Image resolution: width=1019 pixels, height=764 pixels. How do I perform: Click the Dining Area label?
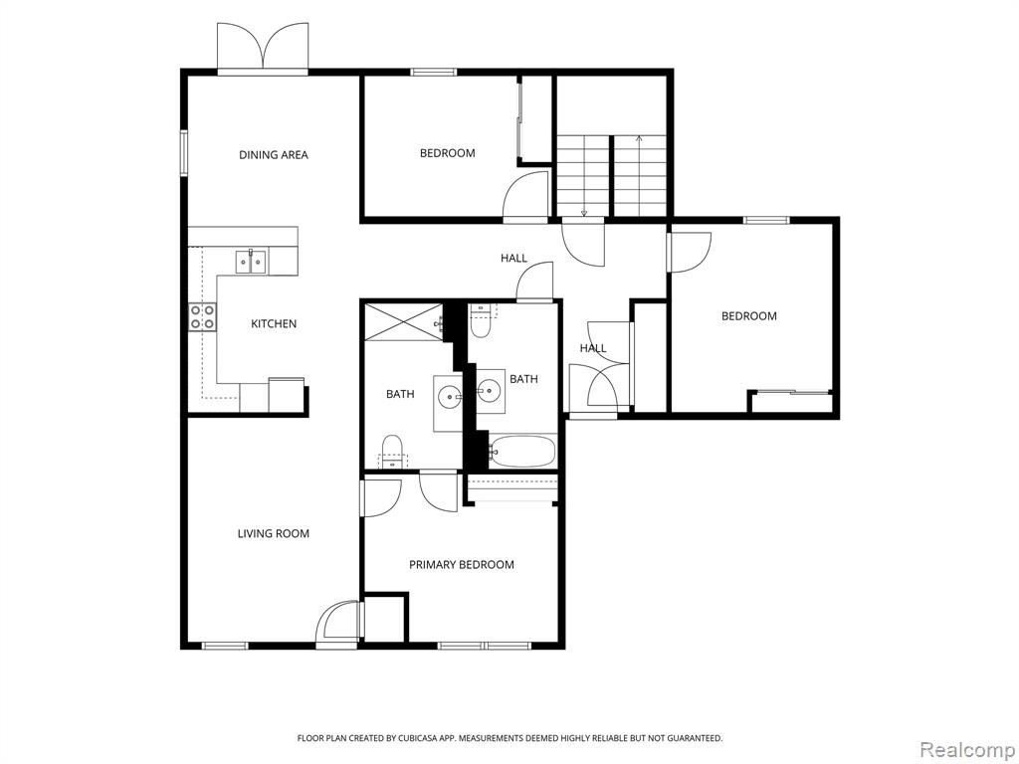pos(274,154)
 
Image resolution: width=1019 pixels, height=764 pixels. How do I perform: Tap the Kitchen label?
pos(274,323)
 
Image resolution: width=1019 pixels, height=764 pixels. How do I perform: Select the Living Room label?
pos(273,533)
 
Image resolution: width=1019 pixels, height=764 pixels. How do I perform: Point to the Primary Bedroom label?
pos(462,565)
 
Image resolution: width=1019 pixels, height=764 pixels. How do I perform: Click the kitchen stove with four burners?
pos(203,317)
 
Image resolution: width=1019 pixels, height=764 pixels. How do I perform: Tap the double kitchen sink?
pos(252,262)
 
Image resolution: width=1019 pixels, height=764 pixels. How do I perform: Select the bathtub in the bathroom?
pos(523,451)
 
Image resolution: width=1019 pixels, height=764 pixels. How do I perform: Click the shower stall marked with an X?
pos(404,321)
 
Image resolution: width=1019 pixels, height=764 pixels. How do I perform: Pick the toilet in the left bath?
pos(392,452)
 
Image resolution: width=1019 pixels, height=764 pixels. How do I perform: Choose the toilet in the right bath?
pos(481,320)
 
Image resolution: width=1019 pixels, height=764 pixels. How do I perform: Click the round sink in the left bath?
pos(449,396)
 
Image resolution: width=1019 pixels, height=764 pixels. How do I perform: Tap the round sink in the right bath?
pos(489,390)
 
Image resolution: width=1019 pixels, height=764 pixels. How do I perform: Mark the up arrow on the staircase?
pos(640,175)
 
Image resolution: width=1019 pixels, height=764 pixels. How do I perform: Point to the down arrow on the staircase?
pos(584,175)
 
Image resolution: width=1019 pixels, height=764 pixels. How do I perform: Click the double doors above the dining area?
pos(263,47)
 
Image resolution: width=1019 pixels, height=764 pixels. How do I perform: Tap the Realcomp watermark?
pos(967,749)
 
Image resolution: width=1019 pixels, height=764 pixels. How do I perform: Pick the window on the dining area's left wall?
pos(184,152)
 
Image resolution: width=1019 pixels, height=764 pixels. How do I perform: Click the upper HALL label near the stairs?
pos(513,258)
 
